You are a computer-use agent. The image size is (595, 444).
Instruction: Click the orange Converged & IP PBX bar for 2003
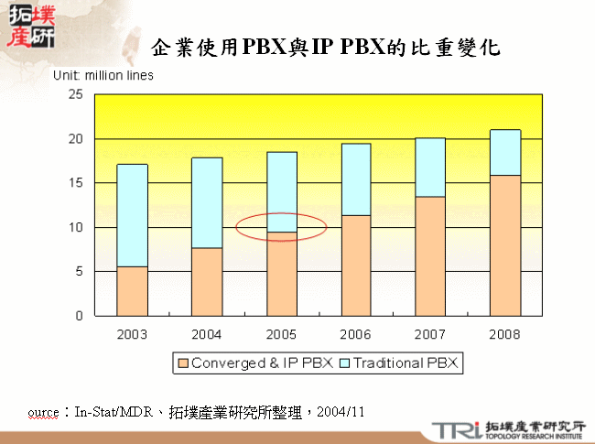coord(133,291)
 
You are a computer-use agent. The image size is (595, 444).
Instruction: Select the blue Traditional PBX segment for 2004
coord(206,202)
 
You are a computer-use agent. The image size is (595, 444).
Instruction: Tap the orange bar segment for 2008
coord(505,245)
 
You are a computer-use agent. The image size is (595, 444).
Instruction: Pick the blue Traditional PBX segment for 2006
coord(355,179)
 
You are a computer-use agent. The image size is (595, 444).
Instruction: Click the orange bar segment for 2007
coord(430,256)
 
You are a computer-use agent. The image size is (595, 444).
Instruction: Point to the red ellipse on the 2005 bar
coord(282,226)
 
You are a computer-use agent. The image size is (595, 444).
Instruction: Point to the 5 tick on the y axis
coord(79,272)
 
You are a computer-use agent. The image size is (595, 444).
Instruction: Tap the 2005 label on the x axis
coord(281,333)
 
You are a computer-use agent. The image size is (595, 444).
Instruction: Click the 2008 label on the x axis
coord(505,333)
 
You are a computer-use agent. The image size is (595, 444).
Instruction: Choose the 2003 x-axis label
coord(132,333)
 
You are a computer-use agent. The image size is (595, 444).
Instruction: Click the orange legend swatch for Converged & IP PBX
coord(182,363)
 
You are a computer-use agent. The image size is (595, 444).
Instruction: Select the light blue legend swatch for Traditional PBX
coord(344,363)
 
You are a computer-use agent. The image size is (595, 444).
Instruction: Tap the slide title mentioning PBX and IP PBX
coord(326,48)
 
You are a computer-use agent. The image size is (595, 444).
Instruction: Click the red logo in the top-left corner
coord(29,27)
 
